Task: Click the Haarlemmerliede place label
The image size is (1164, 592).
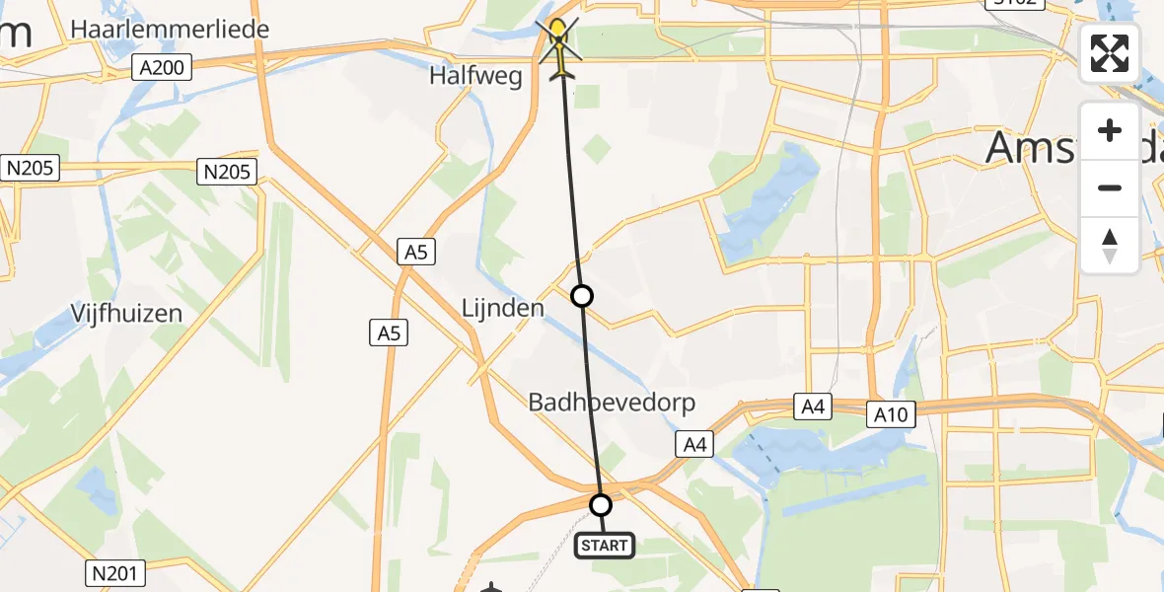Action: point(170,30)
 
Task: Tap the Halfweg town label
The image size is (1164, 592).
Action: point(475,77)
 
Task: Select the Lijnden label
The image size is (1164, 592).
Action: point(503,308)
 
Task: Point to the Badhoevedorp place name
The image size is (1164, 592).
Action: point(612,403)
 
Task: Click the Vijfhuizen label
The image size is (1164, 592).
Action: point(126,314)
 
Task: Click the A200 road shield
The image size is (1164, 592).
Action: point(162,67)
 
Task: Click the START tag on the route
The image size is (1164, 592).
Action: point(603,545)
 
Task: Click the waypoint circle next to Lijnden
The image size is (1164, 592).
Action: point(582,295)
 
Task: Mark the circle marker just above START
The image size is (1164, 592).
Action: point(600,505)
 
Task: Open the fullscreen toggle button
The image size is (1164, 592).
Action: point(1110,53)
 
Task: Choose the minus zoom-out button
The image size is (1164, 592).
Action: point(1110,187)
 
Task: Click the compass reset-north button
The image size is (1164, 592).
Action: point(1110,245)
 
